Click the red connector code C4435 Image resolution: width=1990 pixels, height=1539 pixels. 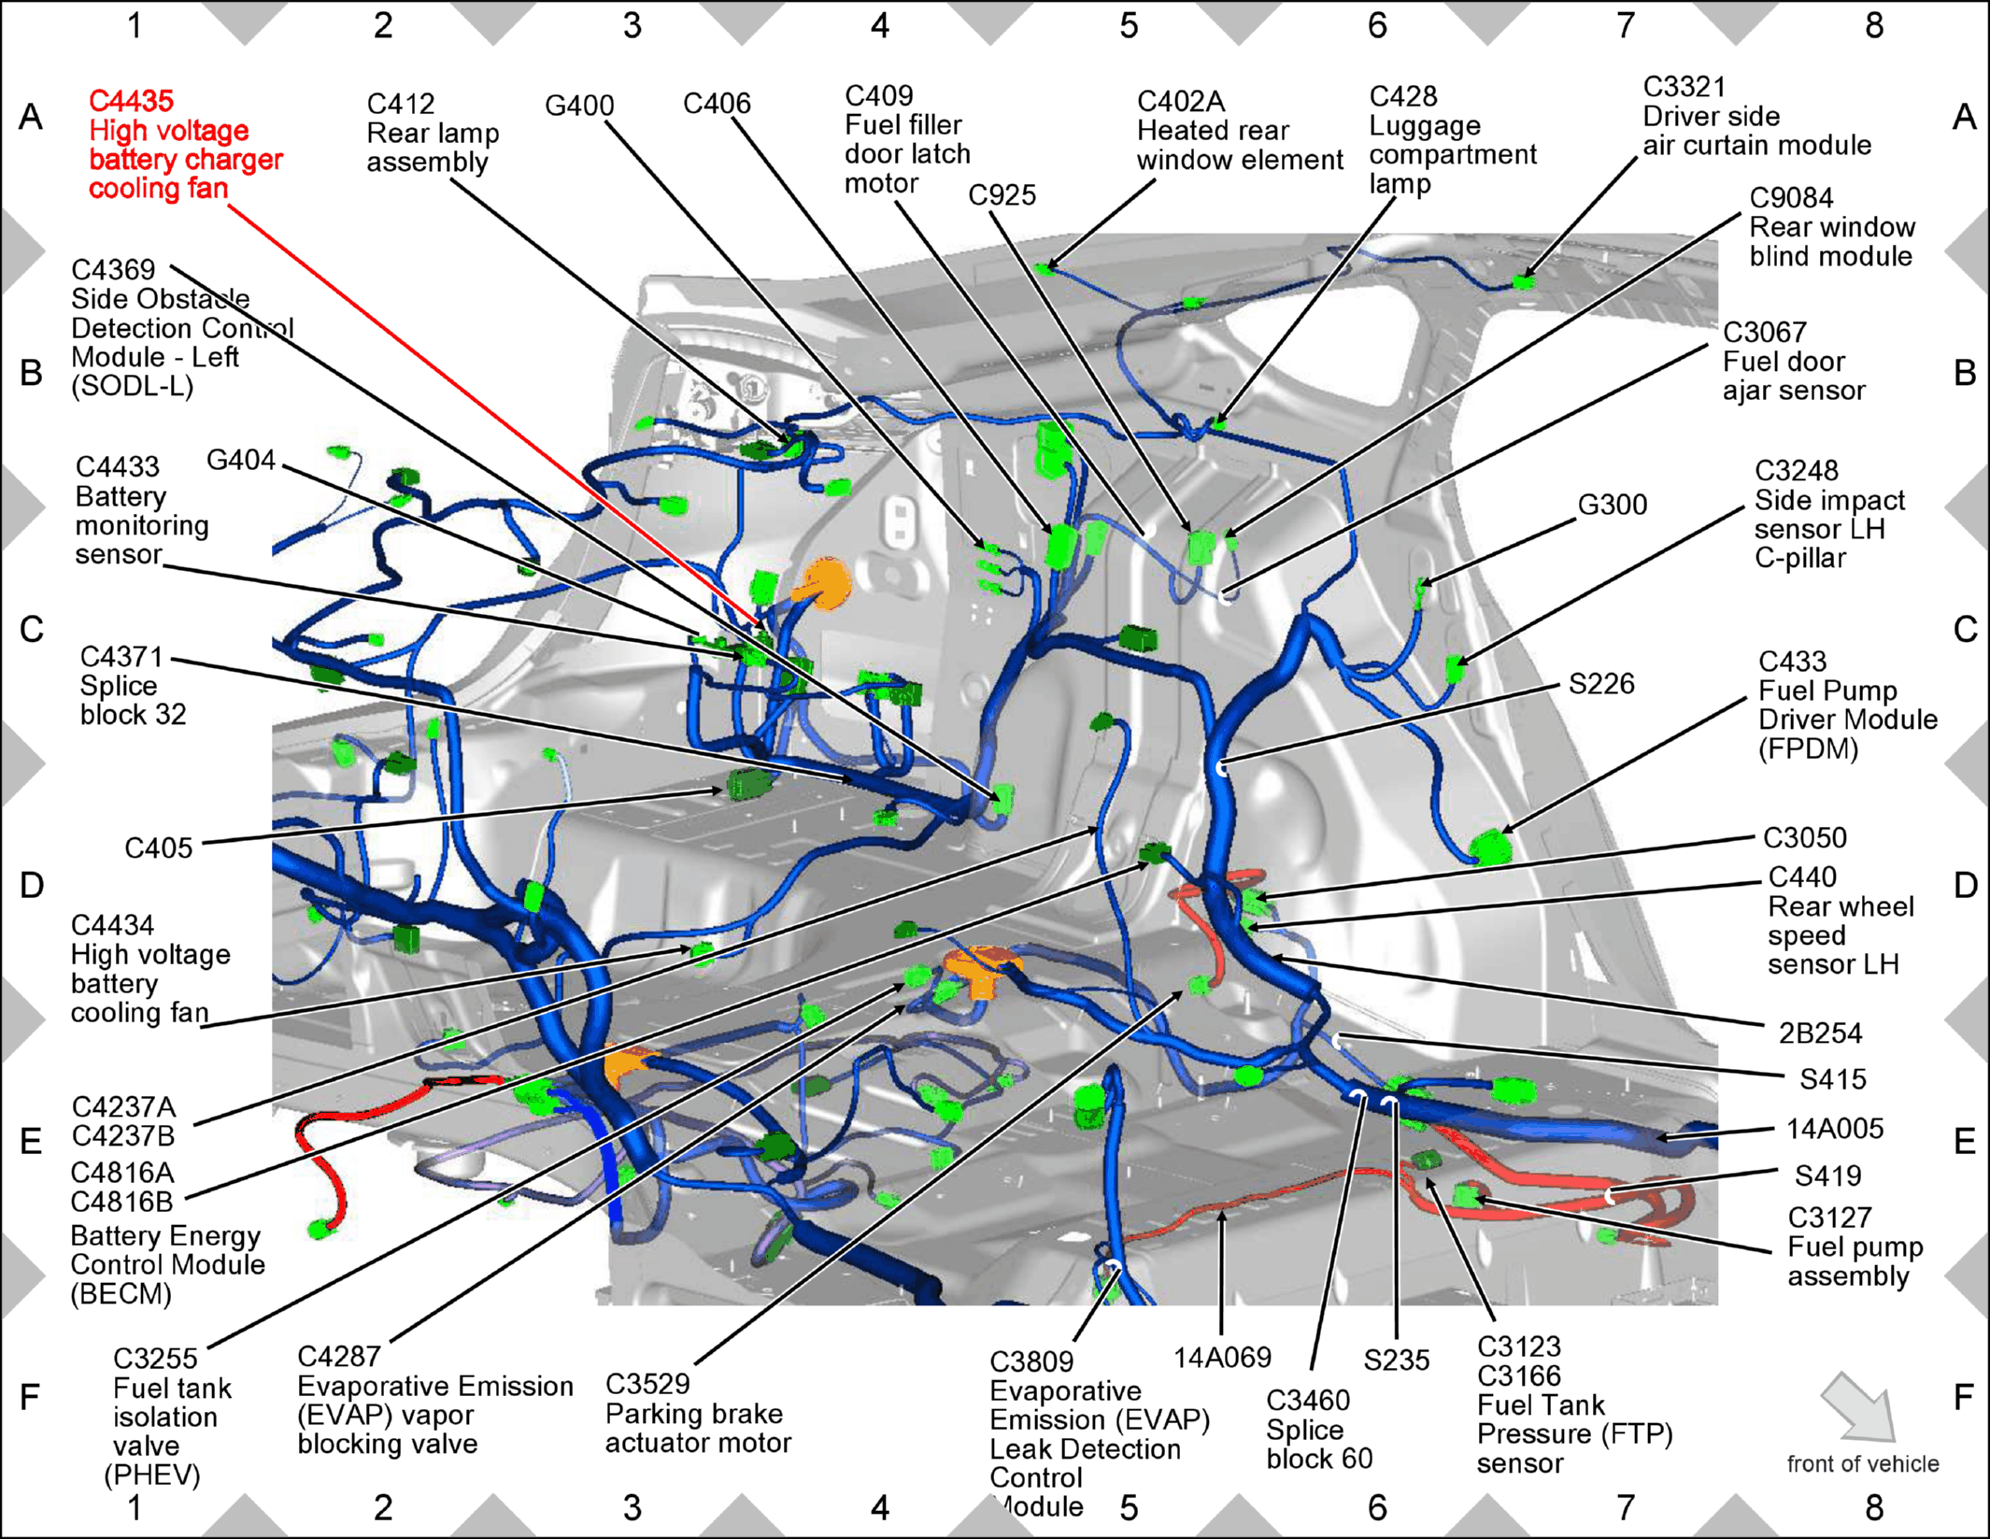[x=131, y=101]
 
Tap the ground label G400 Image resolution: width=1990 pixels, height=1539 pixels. [x=579, y=106]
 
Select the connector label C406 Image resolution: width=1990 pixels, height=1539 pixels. [x=717, y=104]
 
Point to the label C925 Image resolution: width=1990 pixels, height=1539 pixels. [x=1002, y=195]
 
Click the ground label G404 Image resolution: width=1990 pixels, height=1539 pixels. [x=241, y=460]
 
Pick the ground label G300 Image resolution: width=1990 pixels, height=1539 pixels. [x=1612, y=505]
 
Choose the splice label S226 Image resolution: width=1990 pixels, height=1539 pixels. [x=1601, y=684]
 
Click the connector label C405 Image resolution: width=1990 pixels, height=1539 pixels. [x=159, y=848]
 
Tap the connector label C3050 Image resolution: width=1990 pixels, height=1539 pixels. [x=1804, y=838]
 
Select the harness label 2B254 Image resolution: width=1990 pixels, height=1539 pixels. [x=1820, y=1033]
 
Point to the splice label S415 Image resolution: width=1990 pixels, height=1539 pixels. [x=1833, y=1080]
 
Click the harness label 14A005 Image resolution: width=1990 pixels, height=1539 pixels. [x=1835, y=1130]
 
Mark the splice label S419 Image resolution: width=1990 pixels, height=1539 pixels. [x=1828, y=1176]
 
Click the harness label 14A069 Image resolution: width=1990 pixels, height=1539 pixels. [x=1222, y=1358]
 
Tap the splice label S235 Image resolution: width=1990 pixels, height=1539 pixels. [x=1396, y=1361]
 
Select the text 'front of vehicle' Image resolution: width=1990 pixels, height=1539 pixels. [x=1863, y=1464]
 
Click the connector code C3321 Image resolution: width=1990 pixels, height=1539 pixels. [x=1684, y=87]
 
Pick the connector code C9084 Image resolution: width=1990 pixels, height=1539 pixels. [x=1791, y=198]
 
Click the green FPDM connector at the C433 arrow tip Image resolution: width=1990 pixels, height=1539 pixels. [x=1491, y=848]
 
